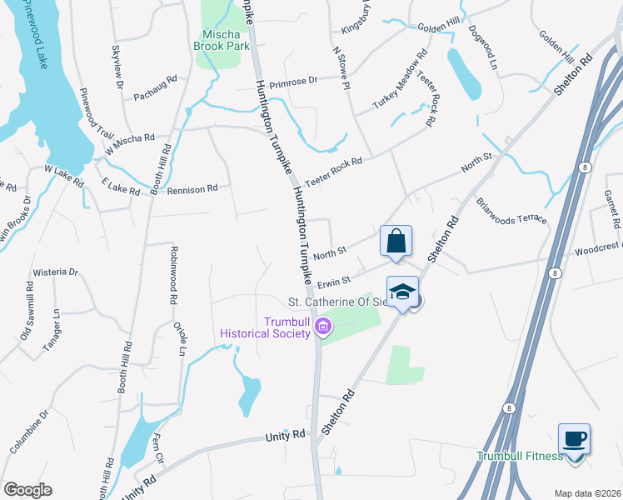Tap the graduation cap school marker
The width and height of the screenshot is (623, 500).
tap(403, 292)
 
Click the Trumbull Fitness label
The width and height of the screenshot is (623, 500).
tap(519, 456)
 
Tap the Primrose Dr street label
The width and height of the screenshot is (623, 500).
tap(288, 82)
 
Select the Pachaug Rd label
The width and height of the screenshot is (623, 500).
tap(156, 87)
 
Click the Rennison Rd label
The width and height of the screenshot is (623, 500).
tap(192, 189)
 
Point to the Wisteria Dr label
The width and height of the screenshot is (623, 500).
tap(55, 272)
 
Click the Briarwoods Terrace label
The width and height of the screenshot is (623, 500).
tap(511, 211)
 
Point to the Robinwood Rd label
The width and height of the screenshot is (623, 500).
tap(174, 272)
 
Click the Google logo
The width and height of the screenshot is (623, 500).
tap(27, 489)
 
